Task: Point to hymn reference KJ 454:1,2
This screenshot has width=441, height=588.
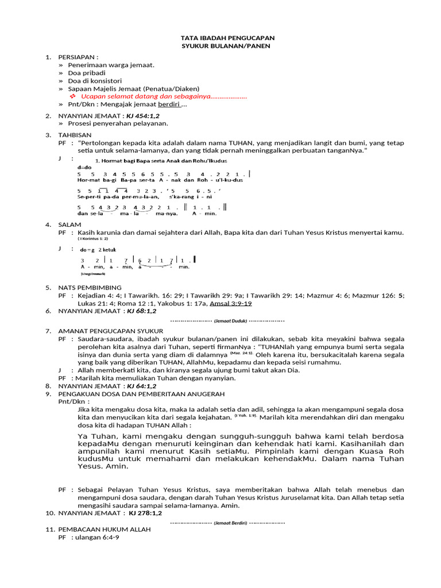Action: click(144, 116)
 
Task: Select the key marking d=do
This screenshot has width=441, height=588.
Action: click(84, 167)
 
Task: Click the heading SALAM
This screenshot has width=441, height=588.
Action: click(69, 225)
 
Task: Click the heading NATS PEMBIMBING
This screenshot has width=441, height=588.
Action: click(90, 287)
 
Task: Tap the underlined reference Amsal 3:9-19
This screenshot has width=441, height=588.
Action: click(231, 303)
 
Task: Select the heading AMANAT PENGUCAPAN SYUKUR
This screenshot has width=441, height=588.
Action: click(111, 331)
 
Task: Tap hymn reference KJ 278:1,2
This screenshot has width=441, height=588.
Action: click(145, 513)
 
